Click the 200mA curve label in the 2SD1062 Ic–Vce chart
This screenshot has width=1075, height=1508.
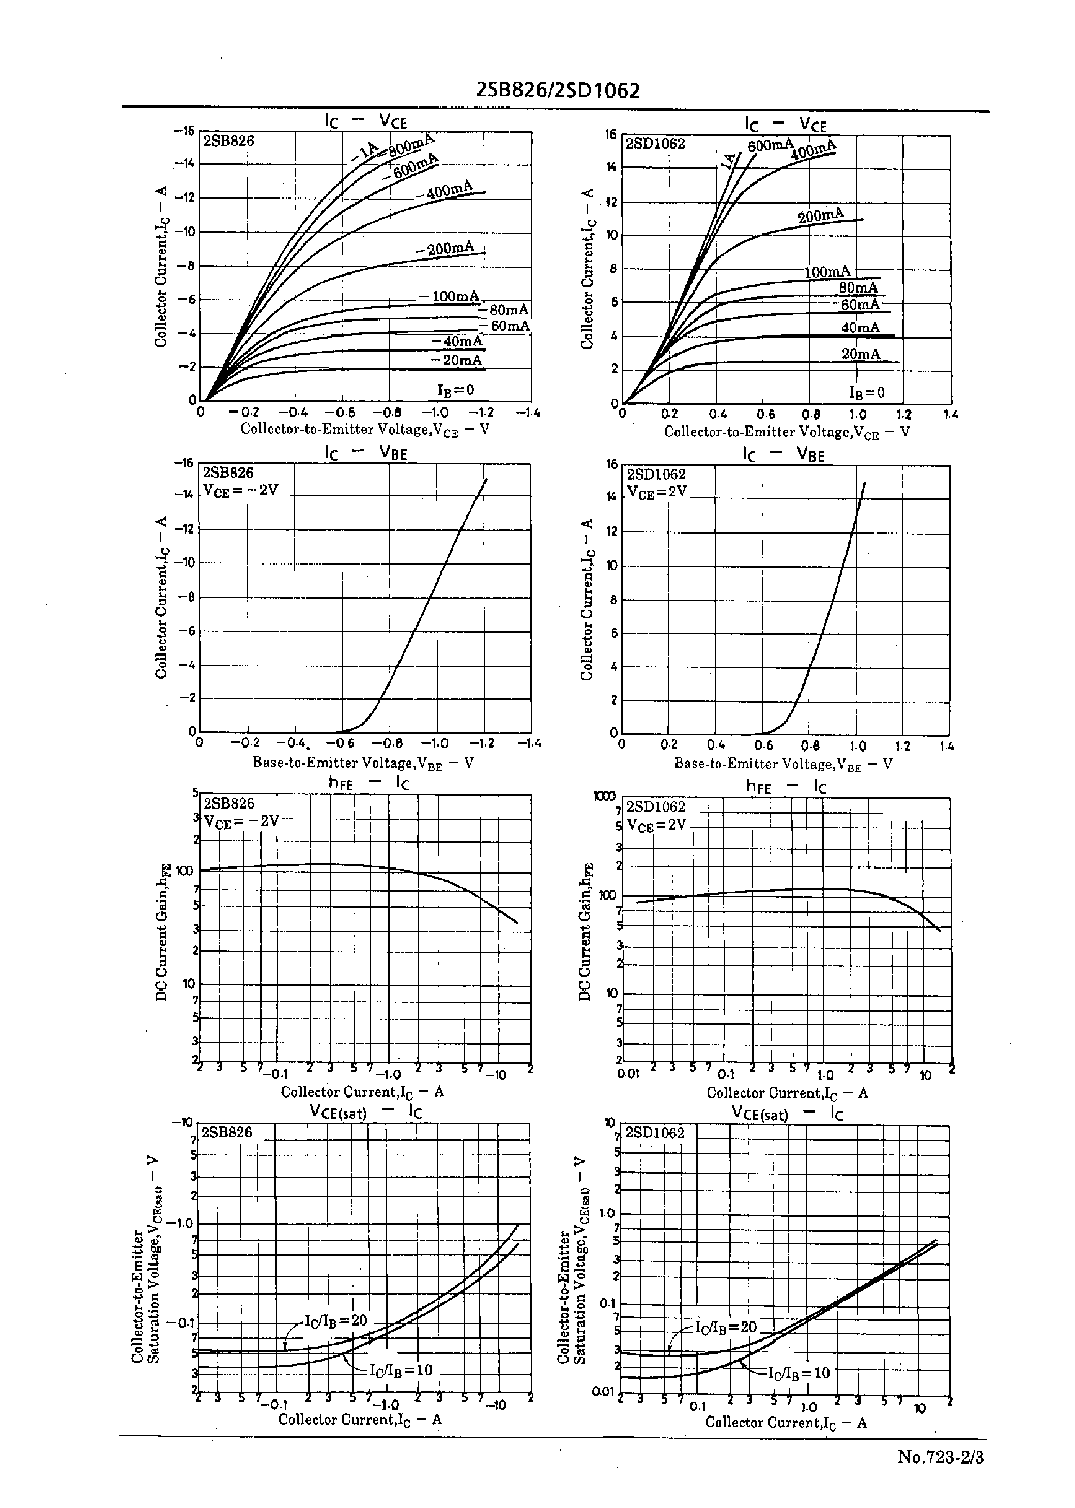pos(821,215)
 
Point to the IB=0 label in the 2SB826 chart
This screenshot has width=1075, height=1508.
pos(455,389)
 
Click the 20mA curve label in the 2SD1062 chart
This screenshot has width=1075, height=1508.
pos(861,354)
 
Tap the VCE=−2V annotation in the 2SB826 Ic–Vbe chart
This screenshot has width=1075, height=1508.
pos(240,491)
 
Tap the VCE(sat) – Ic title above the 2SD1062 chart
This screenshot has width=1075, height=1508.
pos(787,1114)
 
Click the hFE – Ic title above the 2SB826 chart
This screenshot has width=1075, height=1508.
pos(368,783)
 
